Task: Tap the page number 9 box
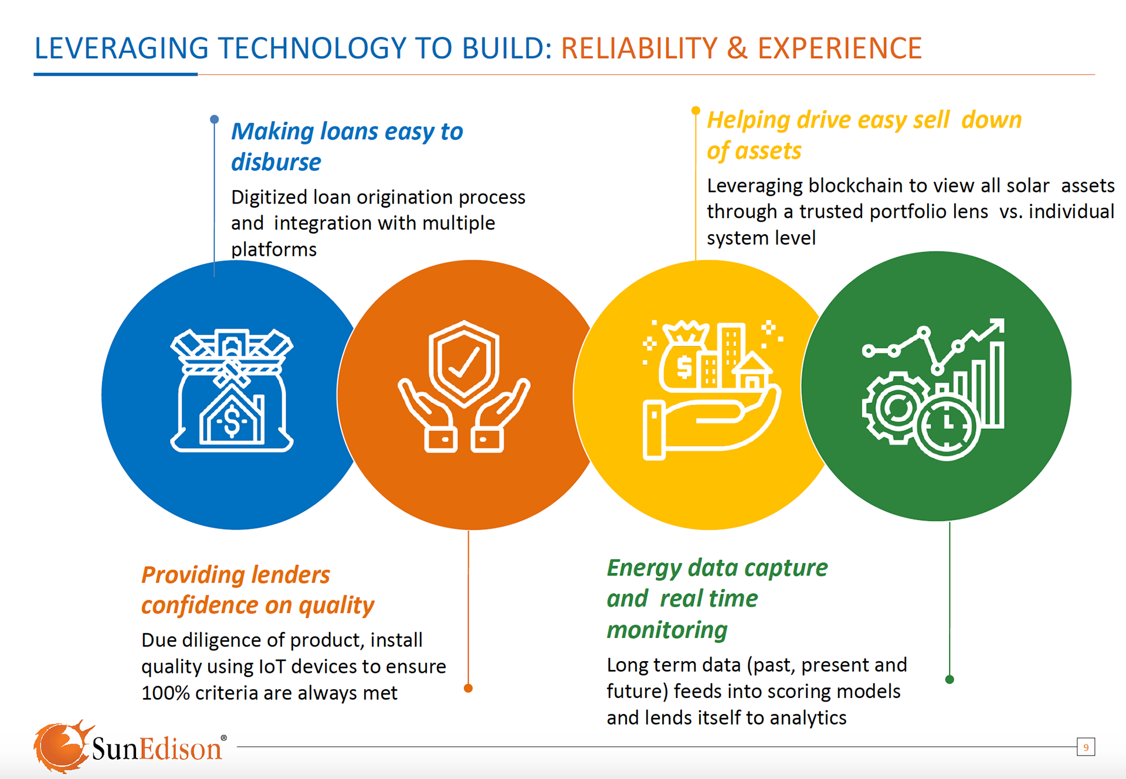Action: pyautogui.click(x=1086, y=747)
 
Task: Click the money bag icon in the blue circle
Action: pyautogui.click(x=232, y=391)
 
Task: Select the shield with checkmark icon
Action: pyautogui.click(x=464, y=387)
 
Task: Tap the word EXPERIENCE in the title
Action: pyautogui.click(x=840, y=49)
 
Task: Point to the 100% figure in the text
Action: pyautogui.click(x=165, y=693)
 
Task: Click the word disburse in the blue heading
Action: pyautogui.click(x=276, y=162)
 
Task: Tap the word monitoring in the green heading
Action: pyautogui.click(x=667, y=630)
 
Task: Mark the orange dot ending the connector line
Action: pyautogui.click(x=468, y=688)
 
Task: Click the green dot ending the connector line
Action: pyautogui.click(x=949, y=679)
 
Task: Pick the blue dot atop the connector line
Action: pyautogui.click(x=215, y=119)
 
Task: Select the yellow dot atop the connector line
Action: pyautogui.click(x=696, y=110)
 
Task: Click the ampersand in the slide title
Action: pyautogui.click(x=737, y=49)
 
